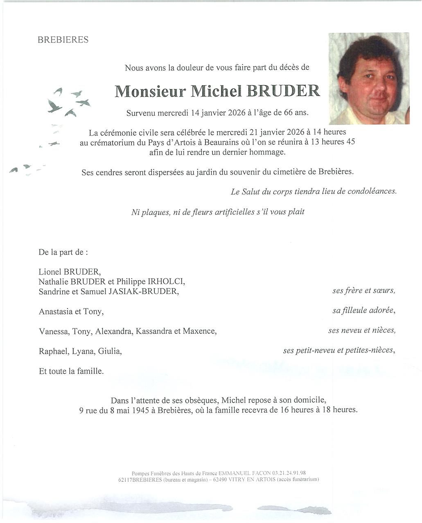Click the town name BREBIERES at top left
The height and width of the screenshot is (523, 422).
pos(63,40)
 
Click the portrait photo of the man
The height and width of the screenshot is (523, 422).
pos(369,78)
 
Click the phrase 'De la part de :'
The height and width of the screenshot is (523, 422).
pos(63,252)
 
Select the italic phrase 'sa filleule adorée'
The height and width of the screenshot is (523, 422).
pos(363,311)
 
